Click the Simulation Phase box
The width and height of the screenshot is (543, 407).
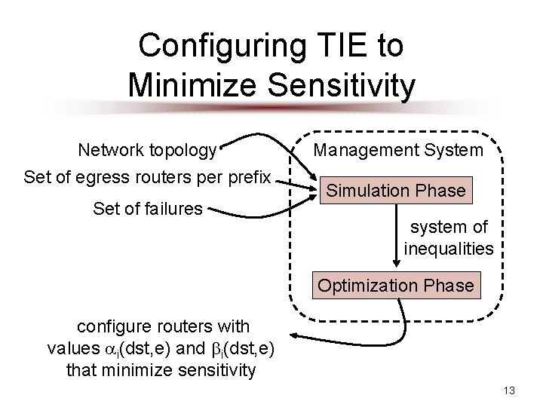[396, 191]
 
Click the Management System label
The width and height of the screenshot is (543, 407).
[398, 150]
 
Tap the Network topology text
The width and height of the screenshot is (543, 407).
[148, 150]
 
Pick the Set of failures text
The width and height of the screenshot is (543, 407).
[148, 207]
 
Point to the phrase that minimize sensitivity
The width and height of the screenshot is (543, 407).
[161, 370]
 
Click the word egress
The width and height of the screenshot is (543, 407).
[90, 179]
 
